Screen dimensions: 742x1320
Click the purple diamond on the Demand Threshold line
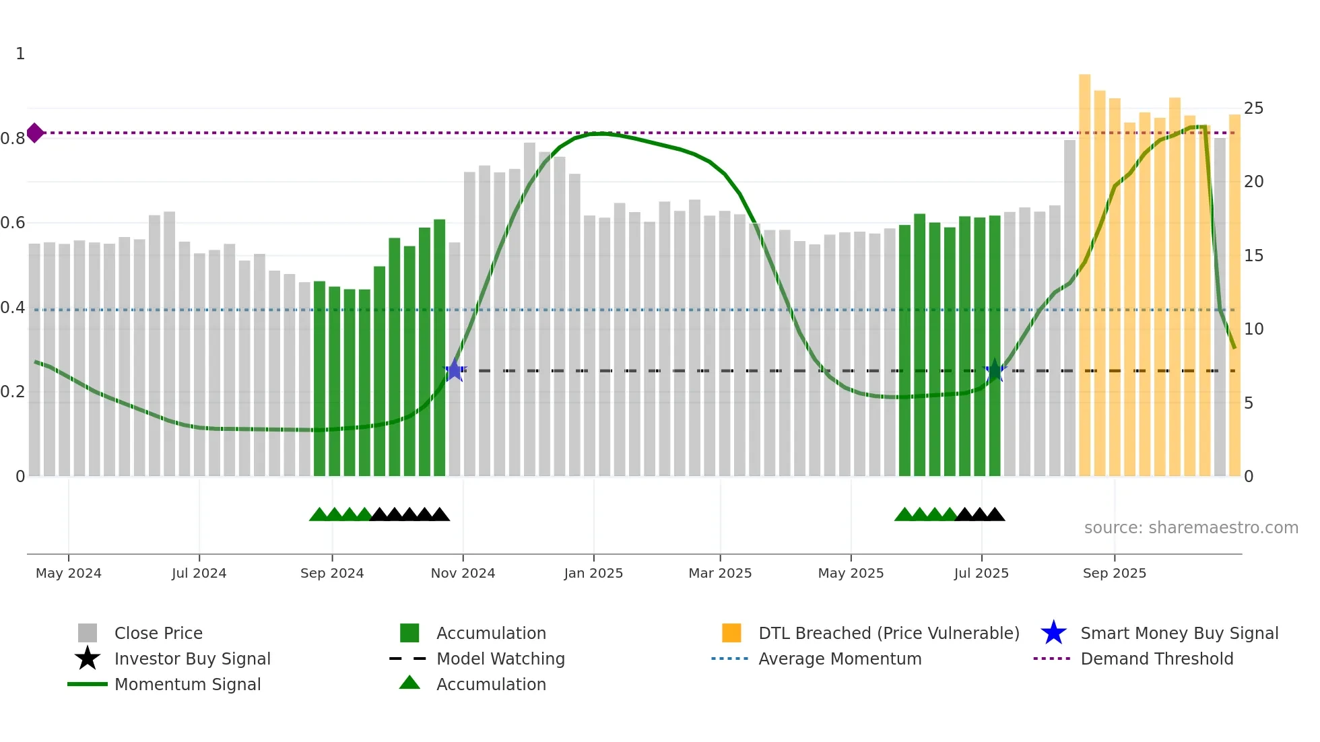[x=35, y=133]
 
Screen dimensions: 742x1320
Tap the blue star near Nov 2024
[x=455, y=370]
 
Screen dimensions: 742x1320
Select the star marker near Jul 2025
[x=995, y=370]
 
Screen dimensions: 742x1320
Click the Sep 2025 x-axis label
[x=1114, y=573]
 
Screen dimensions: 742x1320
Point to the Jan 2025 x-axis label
[x=593, y=573]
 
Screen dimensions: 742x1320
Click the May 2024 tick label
[x=69, y=573]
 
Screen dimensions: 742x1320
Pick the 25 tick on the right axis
[x=1253, y=108]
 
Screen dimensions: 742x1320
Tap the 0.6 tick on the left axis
[x=13, y=223]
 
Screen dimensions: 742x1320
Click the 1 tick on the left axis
[x=20, y=54]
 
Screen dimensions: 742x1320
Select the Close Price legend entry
[x=158, y=633]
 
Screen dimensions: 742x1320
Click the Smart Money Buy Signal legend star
[x=1053, y=633]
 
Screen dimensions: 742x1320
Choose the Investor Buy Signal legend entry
[x=192, y=659]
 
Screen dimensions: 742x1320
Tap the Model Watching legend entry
[x=500, y=659]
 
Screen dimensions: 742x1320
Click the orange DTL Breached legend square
[x=731, y=633]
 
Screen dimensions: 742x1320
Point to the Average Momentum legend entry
[x=840, y=659]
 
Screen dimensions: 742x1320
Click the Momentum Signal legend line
[x=88, y=684]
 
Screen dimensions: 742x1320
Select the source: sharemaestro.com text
[x=1191, y=528]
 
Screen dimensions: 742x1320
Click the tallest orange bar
[x=1084, y=269]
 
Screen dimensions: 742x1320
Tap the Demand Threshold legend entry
[x=1156, y=659]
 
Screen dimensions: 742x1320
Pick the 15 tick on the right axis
[x=1253, y=256]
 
